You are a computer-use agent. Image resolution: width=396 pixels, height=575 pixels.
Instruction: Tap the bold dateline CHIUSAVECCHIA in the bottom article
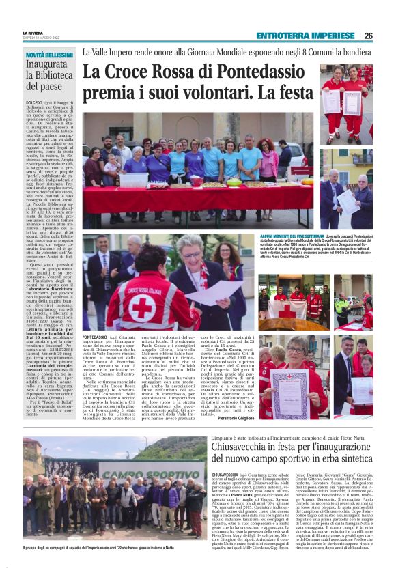(226, 473)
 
